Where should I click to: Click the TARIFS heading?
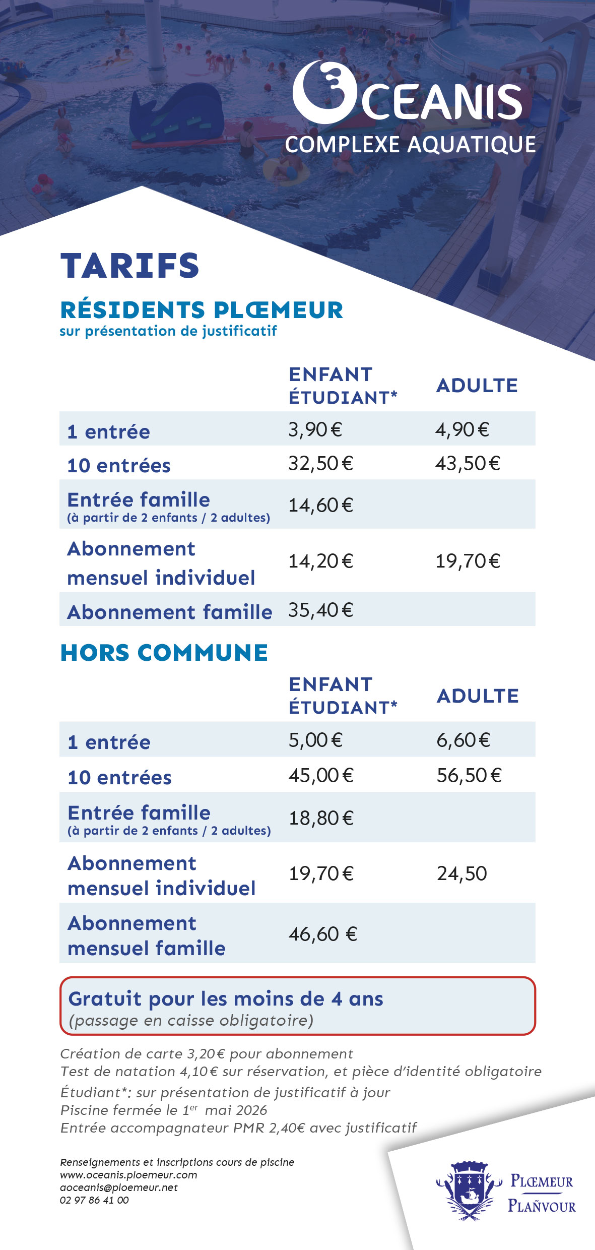129,266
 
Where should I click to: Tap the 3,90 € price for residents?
315,430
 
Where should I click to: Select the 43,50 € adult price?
468,464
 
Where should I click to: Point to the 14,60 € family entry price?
320,505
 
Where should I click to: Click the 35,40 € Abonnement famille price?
320,610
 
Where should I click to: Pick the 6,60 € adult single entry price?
463,740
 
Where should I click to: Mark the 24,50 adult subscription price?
461,874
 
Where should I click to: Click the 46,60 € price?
322,934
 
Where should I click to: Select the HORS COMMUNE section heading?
164,653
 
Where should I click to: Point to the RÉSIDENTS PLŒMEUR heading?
202,310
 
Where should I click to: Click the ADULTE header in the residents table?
477,386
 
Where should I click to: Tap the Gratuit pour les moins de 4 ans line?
226,999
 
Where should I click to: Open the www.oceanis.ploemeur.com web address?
128,1175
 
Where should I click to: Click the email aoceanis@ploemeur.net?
118,1187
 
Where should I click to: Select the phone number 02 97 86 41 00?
94,1200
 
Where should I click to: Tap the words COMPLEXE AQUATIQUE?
410,145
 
